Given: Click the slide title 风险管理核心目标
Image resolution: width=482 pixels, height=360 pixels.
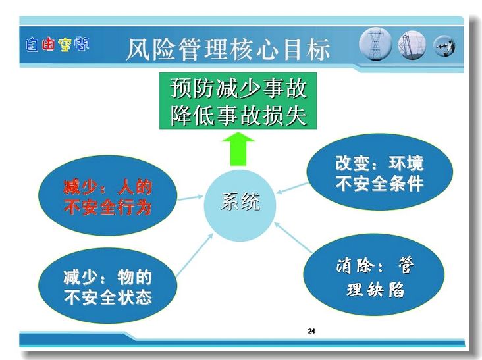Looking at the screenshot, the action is tap(228, 49).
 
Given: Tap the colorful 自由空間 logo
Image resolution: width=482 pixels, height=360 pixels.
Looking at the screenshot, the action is tap(57, 45).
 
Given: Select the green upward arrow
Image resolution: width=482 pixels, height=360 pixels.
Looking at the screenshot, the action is tap(238, 149).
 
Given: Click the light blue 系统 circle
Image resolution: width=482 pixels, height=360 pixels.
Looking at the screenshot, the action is tap(240, 205).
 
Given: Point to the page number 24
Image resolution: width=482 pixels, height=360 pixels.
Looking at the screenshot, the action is tap(311, 331).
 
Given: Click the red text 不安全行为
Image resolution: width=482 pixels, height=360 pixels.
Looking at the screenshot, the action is tap(107, 207).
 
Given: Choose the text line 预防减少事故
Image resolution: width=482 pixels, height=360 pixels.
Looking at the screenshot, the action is tap(238, 88).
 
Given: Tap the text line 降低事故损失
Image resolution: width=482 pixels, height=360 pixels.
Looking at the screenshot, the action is tap(238, 115).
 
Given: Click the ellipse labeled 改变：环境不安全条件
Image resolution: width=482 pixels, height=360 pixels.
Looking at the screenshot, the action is tap(380, 172).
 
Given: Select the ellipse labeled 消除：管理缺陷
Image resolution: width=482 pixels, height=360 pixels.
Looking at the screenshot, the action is tap(374, 274).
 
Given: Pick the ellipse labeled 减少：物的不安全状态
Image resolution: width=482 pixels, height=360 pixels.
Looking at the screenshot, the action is tap(108, 286).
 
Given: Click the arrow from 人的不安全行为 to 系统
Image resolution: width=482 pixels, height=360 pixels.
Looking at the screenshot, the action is tap(190, 198).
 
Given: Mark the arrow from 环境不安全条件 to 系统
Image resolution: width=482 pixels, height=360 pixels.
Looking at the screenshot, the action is tap(292, 188).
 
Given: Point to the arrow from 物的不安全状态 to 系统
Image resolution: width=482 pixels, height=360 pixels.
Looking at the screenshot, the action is tap(195, 255).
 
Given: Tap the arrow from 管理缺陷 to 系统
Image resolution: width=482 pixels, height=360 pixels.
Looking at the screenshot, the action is tap(293, 238).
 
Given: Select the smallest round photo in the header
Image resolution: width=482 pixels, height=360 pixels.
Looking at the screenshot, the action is tap(444, 46).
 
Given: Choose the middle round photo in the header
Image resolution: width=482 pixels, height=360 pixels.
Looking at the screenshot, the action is tap(412, 45).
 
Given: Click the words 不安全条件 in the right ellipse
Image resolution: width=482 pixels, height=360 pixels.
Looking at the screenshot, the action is tap(380, 184).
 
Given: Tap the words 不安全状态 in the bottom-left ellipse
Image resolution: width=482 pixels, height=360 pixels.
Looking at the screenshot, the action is tap(108, 297).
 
